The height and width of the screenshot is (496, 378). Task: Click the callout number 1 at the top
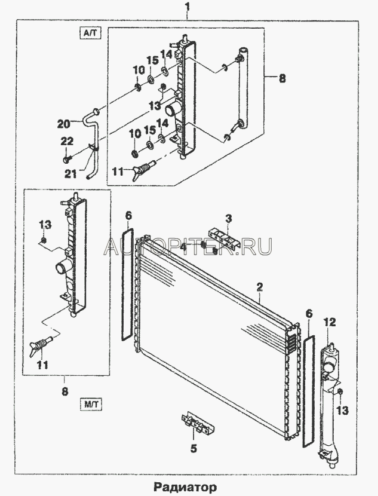tap(188, 8)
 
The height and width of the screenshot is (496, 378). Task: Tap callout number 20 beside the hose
tap(64, 124)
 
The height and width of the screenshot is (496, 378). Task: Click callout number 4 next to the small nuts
tap(185, 246)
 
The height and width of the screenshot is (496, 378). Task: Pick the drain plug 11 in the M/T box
tap(43, 345)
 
